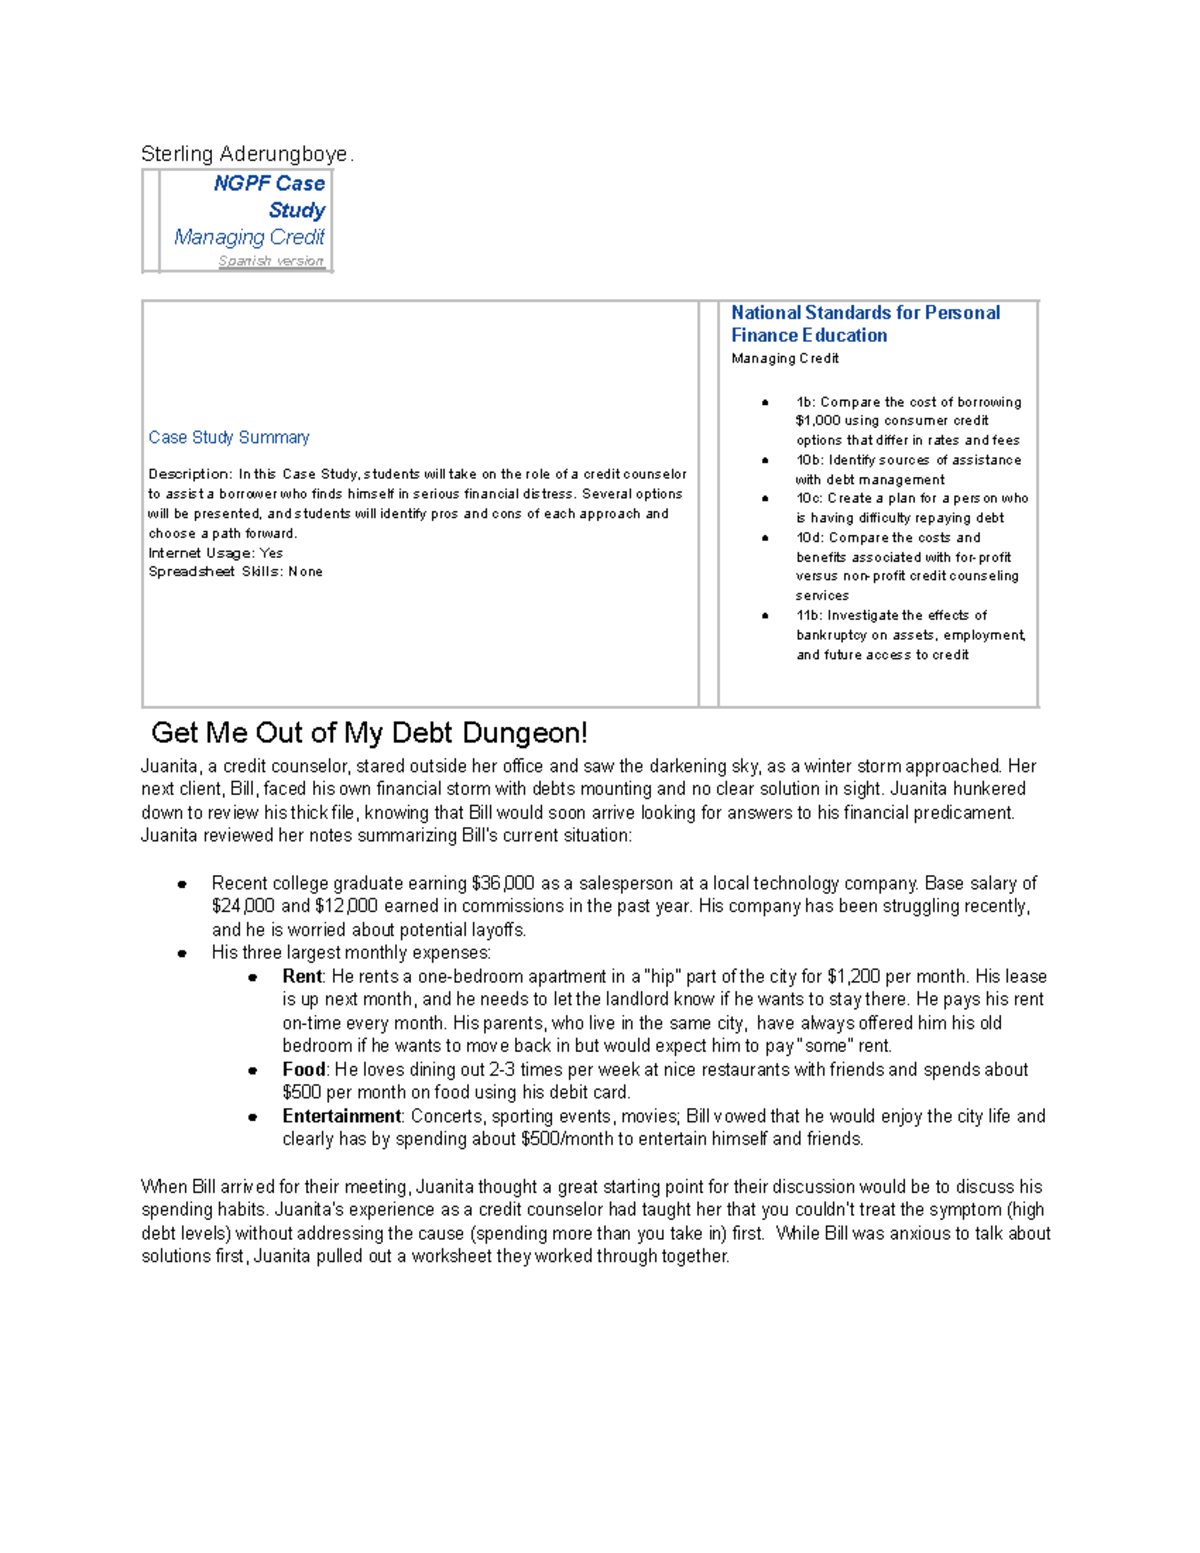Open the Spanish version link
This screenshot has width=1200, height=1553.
coord(271,261)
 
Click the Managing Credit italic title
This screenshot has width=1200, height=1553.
coord(249,237)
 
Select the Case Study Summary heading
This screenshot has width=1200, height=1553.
coord(229,437)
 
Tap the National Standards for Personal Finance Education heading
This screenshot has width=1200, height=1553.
coord(865,324)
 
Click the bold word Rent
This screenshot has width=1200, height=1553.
coord(301,976)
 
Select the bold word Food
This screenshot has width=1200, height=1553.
coord(303,1069)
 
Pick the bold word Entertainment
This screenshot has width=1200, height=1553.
coord(341,1116)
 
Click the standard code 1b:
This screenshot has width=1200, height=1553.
coord(805,402)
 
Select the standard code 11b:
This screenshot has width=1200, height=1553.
coord(808,615)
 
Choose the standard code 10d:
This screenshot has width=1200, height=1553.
coord(810,537)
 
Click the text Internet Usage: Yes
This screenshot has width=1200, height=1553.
coord(215,553)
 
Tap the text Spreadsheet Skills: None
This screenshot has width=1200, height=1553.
coord(235,572)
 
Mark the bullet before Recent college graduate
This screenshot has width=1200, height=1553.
coord(182,884)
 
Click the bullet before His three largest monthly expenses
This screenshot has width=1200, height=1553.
coord(182,953)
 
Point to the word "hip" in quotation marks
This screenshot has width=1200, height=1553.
coord(662,976)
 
